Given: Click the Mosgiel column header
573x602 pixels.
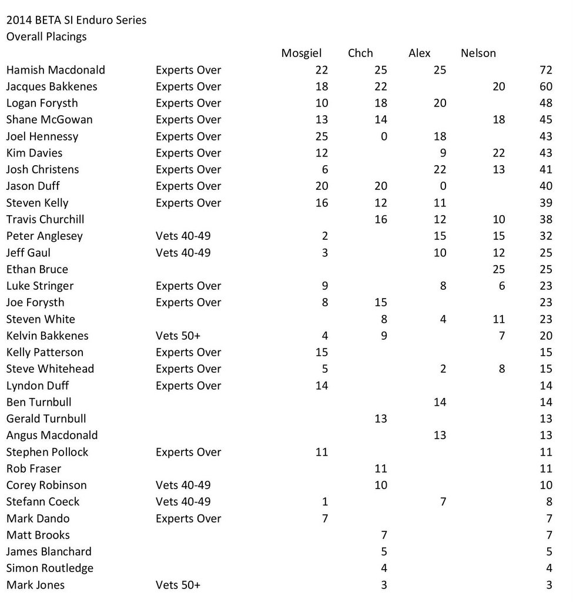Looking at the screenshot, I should [301, 53].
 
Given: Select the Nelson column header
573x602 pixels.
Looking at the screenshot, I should [478, 53].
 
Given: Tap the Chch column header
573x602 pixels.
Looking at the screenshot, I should [360, 53].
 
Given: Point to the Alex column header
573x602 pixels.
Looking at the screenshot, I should [419, 53].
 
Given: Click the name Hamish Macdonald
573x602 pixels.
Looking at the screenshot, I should [55, 70].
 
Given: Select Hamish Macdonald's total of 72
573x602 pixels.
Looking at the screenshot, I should [545, 70].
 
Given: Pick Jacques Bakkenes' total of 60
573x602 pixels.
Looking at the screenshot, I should [545, 86].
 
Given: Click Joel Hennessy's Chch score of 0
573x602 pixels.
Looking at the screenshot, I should [384, 136].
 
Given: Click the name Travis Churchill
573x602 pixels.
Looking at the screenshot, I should [45, 219].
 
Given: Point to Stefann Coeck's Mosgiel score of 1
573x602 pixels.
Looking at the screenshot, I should [325, 502].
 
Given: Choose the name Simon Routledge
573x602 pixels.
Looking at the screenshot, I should [49, 568].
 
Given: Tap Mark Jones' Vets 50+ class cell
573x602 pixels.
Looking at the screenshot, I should [178, 585].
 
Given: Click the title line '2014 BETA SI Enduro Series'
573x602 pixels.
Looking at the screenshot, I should [76, 21].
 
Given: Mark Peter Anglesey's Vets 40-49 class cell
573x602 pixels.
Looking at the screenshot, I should [183, 236].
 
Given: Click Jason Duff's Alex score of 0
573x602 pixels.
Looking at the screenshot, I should [443, 186].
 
